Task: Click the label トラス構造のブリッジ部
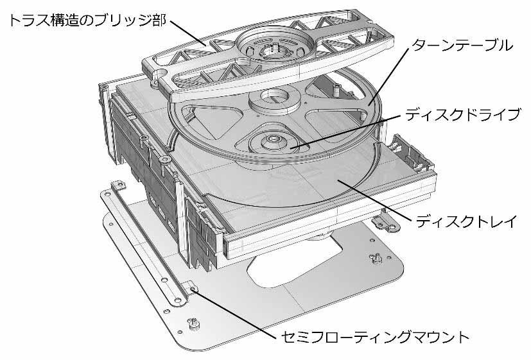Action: click(x=87, y=21)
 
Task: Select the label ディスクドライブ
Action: click(x=462, y=115)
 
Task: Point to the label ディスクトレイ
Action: click(x=467, y=221)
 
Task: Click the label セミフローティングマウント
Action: click(x=375, y=337)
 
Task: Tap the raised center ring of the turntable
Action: click(x=274, y=100)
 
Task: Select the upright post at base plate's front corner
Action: click(x=194, y=323)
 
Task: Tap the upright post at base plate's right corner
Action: click(x=376, y=259)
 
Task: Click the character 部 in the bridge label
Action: click(x=159, y=21)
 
